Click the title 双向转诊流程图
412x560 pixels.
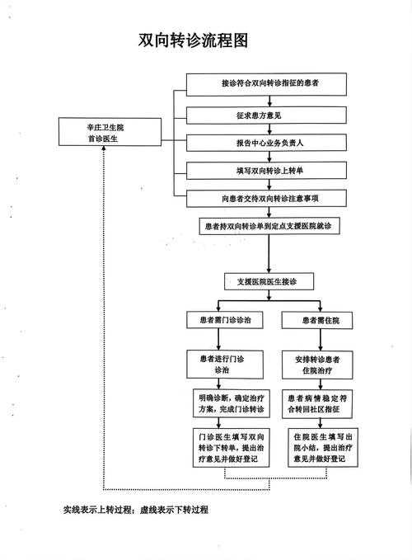[x=193, y=40]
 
